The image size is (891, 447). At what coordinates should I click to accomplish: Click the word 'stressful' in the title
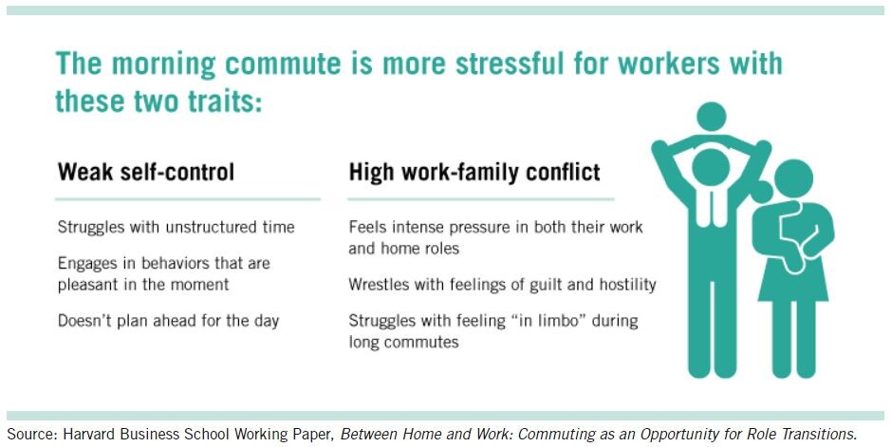tap(510, 63)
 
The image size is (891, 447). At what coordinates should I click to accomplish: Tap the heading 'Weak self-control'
tap(146, 172)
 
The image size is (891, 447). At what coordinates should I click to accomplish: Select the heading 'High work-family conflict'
tap(474, 172)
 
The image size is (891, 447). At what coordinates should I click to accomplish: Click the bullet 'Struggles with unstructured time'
tap(176, 227)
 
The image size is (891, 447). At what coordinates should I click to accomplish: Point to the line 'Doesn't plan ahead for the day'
tap(168, 321)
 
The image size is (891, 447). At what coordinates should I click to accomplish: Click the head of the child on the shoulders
tap(712, 117)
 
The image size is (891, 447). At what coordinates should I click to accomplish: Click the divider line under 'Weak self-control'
tap(188, 199)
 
